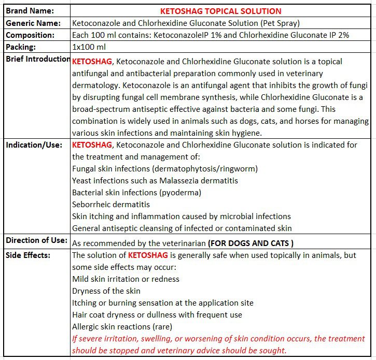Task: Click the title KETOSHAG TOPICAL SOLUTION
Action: click(x=221, y=11)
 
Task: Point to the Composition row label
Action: click(x=30, y=35)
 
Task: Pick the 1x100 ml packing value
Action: click(x=89, y=47)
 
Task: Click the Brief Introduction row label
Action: click(x=38, y=59)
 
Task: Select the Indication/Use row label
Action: click(x=34, y=145)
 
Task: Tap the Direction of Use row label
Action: click(x=37, y=240)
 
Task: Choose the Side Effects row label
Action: click(x=28, y=255)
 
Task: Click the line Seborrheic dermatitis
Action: click(x=111, y=205)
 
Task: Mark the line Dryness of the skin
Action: click(x=106, y=291)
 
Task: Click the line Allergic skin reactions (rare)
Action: click(x=122, y=327)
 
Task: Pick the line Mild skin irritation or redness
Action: click(x=126, y=279)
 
